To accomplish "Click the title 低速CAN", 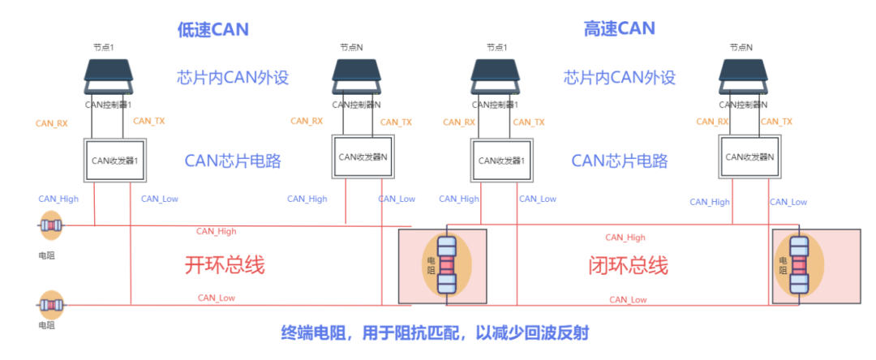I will pyautogui.click(x=213, y=30).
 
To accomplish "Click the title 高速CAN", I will pyautogui.click(x=619, y=29).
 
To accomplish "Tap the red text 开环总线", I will pyautogui.click(x=225, y=265).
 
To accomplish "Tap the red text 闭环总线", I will pyautogui.click(x=628, y=265).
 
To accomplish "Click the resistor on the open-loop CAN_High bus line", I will pyautogui.click(x=51, y=225).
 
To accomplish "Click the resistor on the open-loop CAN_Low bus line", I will pyautogui.click(x=51, y=305).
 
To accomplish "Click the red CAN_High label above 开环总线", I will pyautogui.click(x=217, y=231).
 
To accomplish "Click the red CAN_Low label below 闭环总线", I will pyautogui.click(x=628, y=300).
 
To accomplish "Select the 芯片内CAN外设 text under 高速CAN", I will pyautogui.click(x=620, y=78).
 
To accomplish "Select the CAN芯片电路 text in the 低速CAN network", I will pyautogui.click(x=233, y=161).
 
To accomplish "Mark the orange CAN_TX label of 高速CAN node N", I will pyautogui.click(x=776, y=122).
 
